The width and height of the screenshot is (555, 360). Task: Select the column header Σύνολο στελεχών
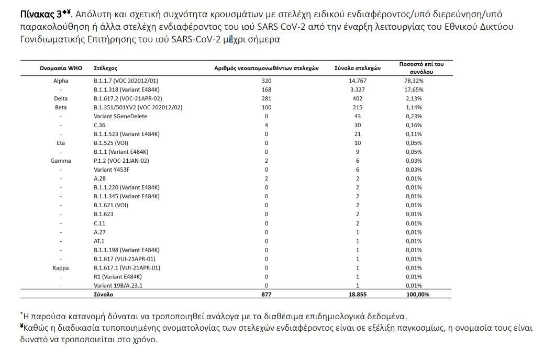click(358, 69)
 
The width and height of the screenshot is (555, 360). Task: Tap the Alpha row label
click(61, 81)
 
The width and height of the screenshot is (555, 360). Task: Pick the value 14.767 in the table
click(358, 81)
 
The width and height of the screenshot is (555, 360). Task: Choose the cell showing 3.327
click(358, 89)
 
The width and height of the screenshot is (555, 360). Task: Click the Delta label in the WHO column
click(61, 98)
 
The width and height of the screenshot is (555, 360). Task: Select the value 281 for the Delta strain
click(267, 98)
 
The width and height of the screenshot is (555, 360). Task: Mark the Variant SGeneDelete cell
click(120, 116)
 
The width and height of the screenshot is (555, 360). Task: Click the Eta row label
click(61, 143)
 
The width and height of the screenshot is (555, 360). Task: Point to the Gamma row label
click(61, 161)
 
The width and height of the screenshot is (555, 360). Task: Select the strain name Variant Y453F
click(112, 170)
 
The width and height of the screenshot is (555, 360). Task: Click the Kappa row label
click(61, 267)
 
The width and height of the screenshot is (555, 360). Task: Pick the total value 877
click(267, 295)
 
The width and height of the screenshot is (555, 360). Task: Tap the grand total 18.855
click(358, 295)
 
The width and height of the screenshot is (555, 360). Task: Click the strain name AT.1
click(99, 241)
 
